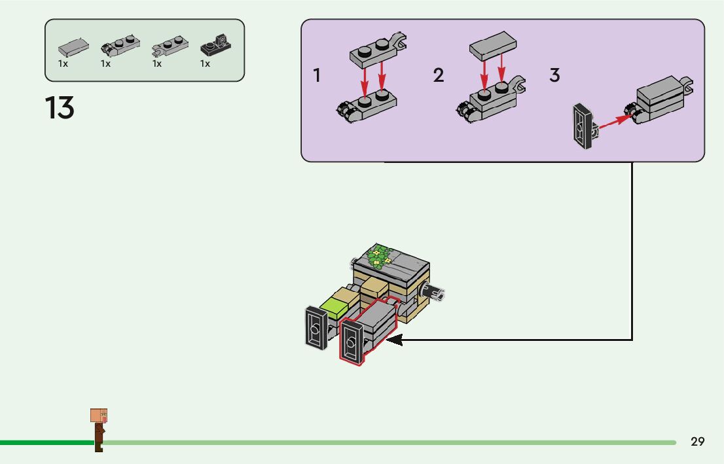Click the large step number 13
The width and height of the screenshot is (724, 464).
click(x=60, y=108)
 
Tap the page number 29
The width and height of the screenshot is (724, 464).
click(x=697, y=442)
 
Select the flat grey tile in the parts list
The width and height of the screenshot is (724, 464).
click(x=73, y=46)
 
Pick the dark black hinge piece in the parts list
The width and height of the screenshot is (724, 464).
click(x=215, y=45)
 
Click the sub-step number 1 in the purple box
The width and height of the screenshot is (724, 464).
click(x=316, y=75)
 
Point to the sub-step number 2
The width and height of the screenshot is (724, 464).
click(x=438, y=75)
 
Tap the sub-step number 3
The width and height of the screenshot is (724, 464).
click(x=554, y=75)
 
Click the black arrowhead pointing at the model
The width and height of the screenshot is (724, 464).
click(x=394, y=340)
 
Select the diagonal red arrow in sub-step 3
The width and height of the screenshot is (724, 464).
click(x=615, y=122)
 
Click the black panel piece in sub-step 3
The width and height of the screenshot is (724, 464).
click(x=584, y=126)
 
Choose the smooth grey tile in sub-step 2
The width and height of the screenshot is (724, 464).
click(x=493, y=46)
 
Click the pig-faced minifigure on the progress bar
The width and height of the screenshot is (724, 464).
click(x=99, y=429)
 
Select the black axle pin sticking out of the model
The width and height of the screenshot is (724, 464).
click(x=432, y=291)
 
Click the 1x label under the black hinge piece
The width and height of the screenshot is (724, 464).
click(x=205, y=63)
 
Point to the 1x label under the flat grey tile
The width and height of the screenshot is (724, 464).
click(x=63, y=63)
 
